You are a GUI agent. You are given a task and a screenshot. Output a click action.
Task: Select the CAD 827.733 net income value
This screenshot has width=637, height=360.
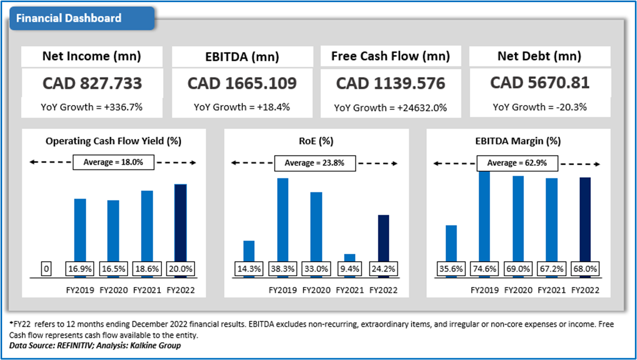[92, 83]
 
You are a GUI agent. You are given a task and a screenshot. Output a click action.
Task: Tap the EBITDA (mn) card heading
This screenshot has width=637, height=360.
[242, 57]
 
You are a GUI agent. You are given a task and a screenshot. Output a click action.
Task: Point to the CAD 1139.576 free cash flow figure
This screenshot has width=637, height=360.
[390, 83]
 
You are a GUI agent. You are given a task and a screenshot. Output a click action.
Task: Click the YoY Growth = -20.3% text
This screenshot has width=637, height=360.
[539, 107]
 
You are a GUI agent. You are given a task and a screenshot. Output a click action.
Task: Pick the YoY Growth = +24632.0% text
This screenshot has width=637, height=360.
[390, 107]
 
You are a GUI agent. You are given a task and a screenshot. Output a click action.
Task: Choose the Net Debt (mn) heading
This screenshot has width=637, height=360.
[539, 56]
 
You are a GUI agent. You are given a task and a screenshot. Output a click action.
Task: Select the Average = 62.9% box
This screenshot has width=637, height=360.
[517, 163]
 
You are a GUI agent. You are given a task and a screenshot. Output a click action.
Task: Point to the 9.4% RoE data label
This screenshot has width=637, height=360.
[350, 269]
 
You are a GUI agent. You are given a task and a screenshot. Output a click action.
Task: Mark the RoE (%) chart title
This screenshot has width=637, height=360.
[316, 142]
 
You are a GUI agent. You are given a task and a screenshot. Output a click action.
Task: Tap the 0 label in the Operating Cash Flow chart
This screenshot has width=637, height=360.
[47, 269]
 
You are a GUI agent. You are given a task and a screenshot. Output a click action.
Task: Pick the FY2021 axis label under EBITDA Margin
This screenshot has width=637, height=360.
[551, 290]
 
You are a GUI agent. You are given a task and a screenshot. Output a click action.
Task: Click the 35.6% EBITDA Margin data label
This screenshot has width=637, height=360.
[451, 269]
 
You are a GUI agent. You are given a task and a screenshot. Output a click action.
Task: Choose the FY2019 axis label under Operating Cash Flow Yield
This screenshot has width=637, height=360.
[80, 290]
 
